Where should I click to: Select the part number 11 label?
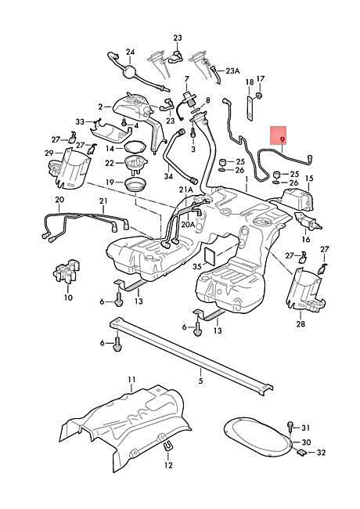[x=131, y=380]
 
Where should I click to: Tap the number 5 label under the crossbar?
[x=201, y=380]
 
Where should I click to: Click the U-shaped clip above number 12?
[x=167, y=446]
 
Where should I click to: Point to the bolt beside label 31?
[x=290, y=427]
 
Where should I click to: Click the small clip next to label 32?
[x=301, y=452]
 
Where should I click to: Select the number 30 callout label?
[x=307, y=442]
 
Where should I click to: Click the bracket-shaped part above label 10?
[x=67, y=269]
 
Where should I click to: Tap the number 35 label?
[x=197, y=267]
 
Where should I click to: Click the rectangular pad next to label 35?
[x=211, y=256]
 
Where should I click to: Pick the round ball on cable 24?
[x=130, y=71]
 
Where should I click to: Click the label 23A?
[x=232, y=70]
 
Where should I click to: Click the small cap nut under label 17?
[x=259, y=95]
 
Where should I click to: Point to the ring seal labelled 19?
[x=135, y=186]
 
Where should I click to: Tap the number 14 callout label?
[x=110, y=148]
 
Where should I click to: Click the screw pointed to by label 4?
[x=124, y=121]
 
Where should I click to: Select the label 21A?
[x=185, y=190]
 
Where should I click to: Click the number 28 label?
[x=301, y=323]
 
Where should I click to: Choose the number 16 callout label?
[x=306, y=240]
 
